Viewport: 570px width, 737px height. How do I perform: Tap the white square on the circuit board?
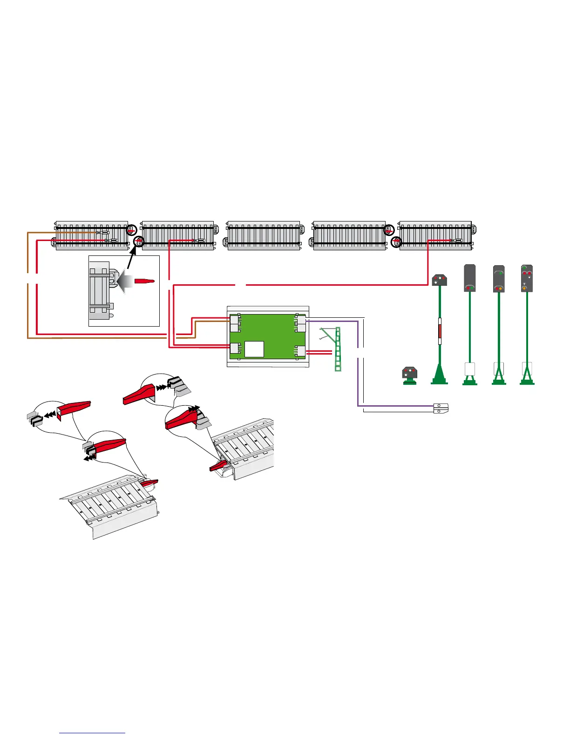click(254, 349)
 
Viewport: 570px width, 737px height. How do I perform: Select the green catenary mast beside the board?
click(338, 349)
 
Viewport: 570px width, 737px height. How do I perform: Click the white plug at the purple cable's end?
click(440, 408)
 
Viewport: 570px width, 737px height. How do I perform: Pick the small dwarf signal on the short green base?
click(409, 375)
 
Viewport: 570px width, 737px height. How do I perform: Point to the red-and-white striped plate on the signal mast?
click(439, 332)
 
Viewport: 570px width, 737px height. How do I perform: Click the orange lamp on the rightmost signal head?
click(524, 288)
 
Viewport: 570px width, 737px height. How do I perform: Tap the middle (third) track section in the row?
click(264, 235)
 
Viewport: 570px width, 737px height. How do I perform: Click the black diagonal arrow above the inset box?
click(132, 261)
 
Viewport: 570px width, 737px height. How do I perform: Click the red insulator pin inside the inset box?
click(144, 281)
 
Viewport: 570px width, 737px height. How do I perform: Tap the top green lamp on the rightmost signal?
click(524, 268)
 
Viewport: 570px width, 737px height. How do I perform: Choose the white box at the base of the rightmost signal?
click(527, 368)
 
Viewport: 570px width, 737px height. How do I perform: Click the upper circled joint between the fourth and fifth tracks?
click(389, 230)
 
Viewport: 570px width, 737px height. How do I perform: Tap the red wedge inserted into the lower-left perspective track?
click(150, 483)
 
